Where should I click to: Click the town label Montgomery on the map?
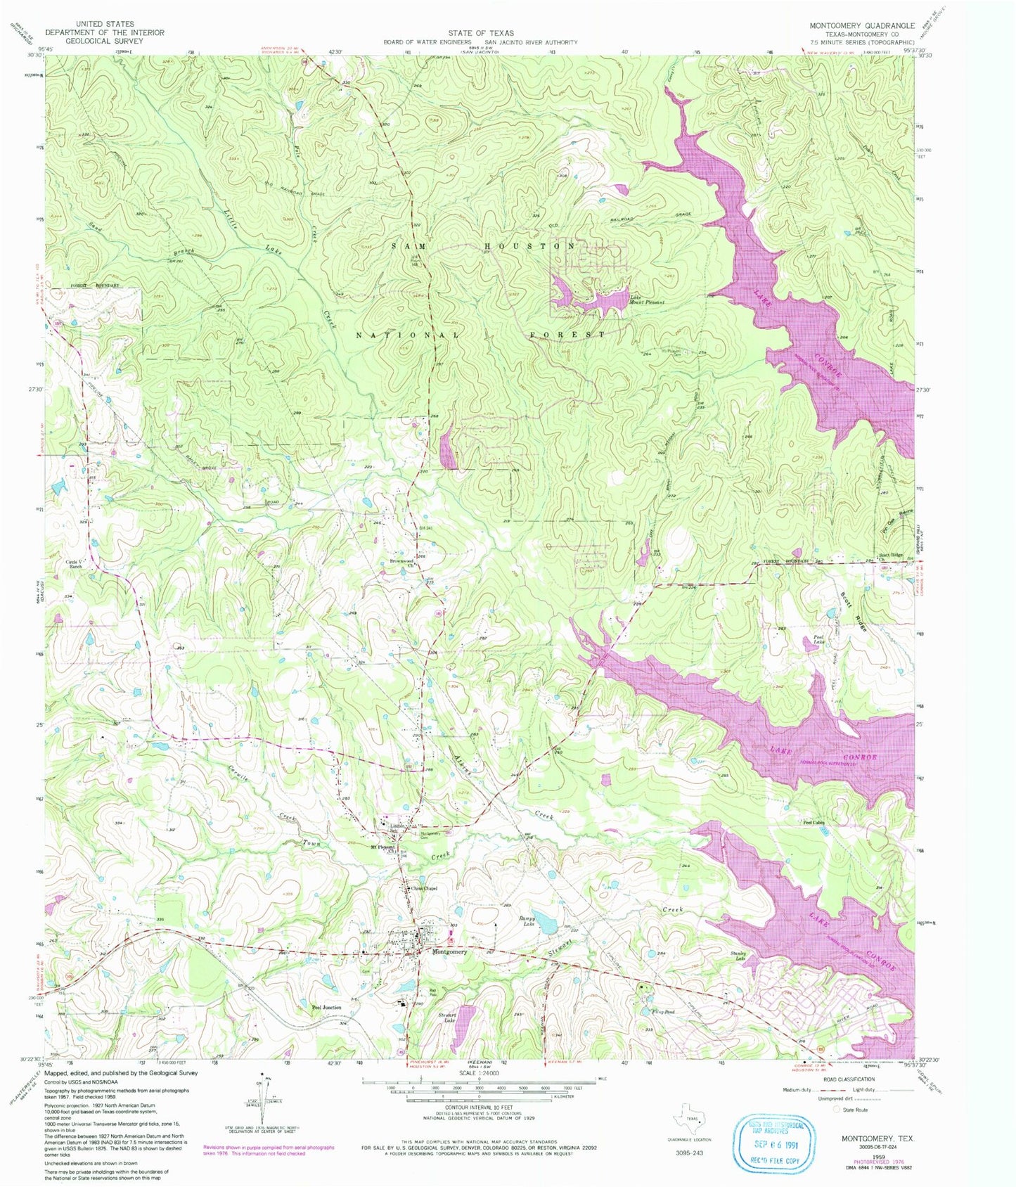click(449, 952)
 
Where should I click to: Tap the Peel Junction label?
click(326, 1008)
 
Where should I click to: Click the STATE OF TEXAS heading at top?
click(481, 33)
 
